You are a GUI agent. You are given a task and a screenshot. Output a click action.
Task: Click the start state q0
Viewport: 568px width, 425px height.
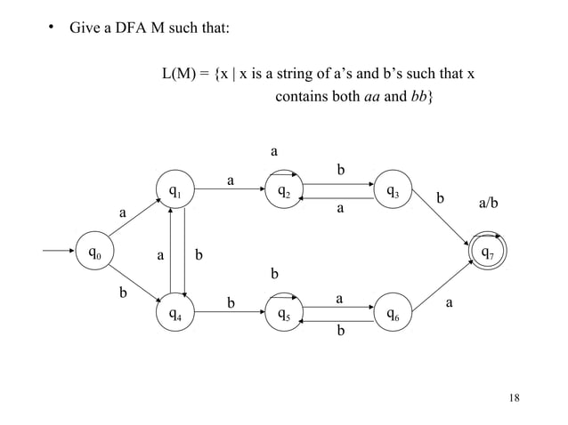[x=93, y=253]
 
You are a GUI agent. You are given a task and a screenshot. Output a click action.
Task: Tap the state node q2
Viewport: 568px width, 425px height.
[x=282, y=190]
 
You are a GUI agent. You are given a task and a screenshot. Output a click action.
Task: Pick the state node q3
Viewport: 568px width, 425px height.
[x=393, y=190]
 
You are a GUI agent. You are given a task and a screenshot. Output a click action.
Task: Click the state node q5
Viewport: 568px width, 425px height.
[x=282, y=313]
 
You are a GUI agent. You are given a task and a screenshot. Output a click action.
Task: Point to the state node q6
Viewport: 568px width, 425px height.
[x=393, y=313]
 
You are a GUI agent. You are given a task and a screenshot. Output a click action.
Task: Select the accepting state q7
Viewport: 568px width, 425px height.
[x=487, y=252]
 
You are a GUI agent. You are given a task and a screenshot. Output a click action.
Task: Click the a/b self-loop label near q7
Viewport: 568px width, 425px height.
[x=488, y=204]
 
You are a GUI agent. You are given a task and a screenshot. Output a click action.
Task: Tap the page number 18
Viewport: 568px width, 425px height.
[x=512, y=397]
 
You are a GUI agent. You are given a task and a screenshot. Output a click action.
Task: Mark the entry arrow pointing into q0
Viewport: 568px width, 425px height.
[x=61, y=252]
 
